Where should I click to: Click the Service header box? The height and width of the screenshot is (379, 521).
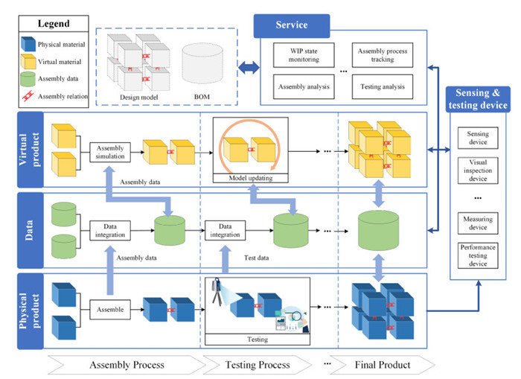pos(292,25)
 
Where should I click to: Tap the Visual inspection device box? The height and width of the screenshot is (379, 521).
pos(477,171)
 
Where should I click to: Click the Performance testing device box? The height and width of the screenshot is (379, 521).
pos(477,255)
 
